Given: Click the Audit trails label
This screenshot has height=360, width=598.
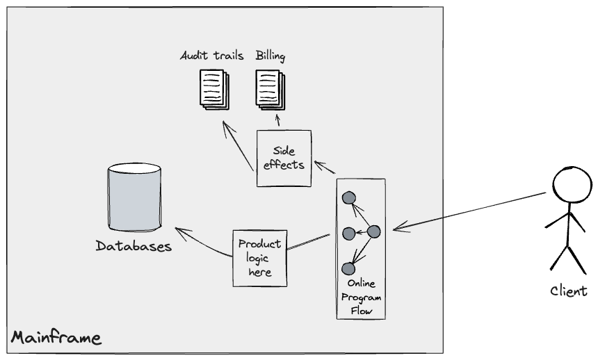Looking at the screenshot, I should click(211, 56).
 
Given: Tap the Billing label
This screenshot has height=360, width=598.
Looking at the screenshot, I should click(270, 56).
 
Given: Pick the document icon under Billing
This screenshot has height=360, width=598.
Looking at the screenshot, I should click(268, 90).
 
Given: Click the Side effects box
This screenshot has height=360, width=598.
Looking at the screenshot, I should click(283, 158).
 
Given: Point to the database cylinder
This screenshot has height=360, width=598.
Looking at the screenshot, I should click(134, 197).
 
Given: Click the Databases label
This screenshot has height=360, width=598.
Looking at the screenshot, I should click(134, 246).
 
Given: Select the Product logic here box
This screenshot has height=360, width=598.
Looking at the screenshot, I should click(259, 257).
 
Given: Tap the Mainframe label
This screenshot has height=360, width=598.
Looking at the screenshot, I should click(56, 339).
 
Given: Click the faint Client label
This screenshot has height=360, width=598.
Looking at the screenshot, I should click(568, 291).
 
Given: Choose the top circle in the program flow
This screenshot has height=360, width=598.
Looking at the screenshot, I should click(349, 197).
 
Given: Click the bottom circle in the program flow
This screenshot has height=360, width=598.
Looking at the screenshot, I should click(349, 268).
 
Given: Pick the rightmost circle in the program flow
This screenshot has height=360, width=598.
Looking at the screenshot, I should click(373, 232).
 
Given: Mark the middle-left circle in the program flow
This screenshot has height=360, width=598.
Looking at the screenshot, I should click(349, 233).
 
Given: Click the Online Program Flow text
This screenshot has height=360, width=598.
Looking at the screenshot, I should click(360, 298).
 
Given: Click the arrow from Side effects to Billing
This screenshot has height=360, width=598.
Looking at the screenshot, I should click(278, 122).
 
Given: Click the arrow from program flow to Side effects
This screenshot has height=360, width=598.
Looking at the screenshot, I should click(325, 167).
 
